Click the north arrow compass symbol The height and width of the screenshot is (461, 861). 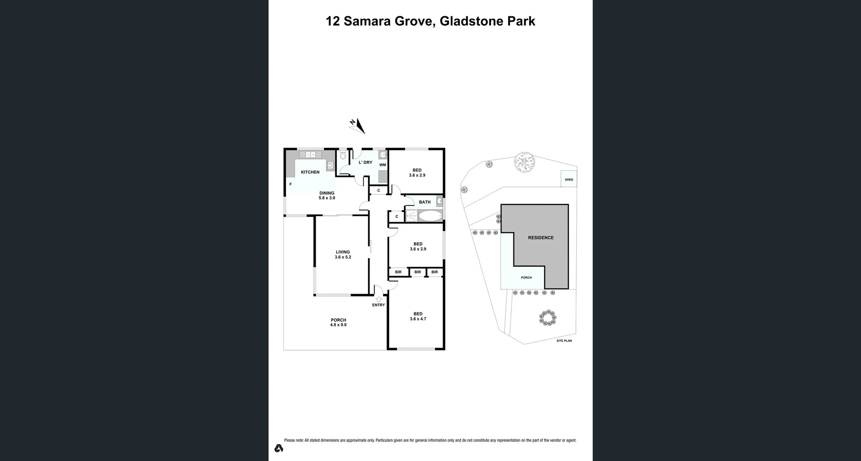(x=357, y=126)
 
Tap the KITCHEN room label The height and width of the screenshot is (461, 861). (x=310, y=172)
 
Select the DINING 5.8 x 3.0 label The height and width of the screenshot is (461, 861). (x=326, y=195)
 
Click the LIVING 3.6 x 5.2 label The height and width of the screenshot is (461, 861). (x=343, y=255)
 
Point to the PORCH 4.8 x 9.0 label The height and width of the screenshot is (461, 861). (x=338, y=322)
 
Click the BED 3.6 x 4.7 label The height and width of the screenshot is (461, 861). (x=417, y=316)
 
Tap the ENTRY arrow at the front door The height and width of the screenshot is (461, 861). (x=378, y=299)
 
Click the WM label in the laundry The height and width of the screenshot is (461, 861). (x=383, y=165)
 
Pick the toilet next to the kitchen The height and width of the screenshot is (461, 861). (x=343, y=156)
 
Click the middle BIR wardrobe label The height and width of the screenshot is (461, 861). (x=417, y=272)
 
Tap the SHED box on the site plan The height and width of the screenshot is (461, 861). (x=569, y=179)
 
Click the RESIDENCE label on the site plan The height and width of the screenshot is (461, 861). (x=540, y=237)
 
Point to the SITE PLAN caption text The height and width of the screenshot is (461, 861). (x=564, y=341)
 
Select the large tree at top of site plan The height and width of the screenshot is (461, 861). (x=524, y=162)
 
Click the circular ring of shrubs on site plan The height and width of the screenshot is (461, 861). (x=548, y=318)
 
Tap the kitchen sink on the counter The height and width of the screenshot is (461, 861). (x=310, y=155)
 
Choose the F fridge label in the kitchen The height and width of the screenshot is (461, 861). (x=290, y=184)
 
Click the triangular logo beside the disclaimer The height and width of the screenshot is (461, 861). (x=278, y=448)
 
